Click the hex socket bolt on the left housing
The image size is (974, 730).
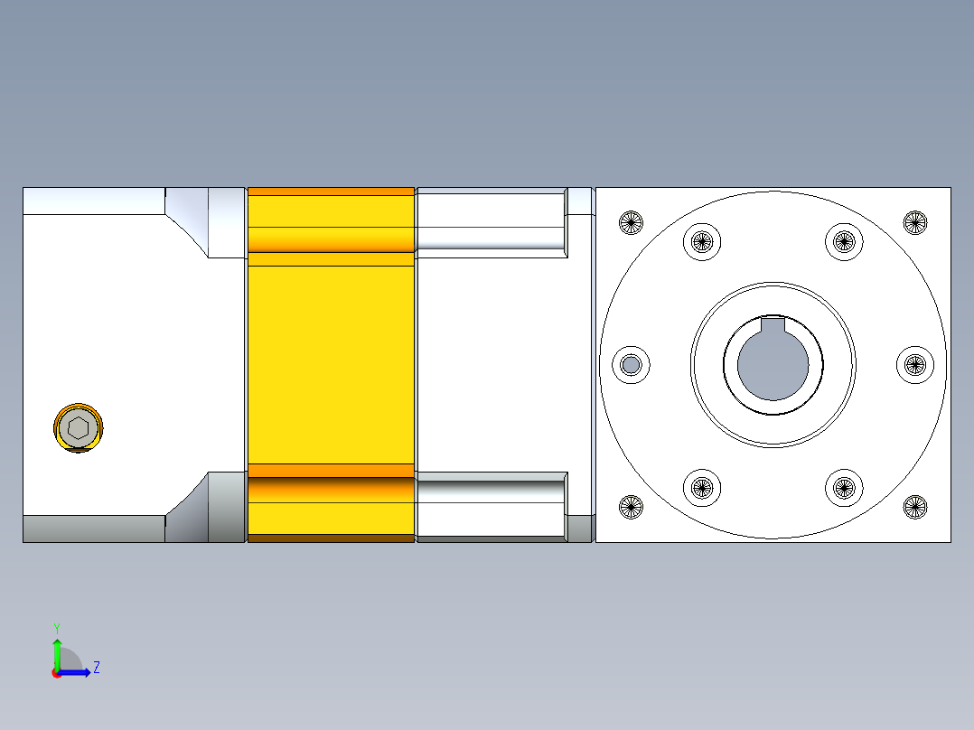pyautogui.click(x=79, y=427)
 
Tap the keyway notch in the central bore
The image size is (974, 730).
pyautogui.click(x=773, y=325)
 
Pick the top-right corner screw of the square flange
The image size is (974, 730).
pyautogui.click(x=915, y=221)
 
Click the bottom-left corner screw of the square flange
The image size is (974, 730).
pyautogui.click(x=631, y=507)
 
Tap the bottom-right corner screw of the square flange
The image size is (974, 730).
pyautogui.click(x=915, y=507)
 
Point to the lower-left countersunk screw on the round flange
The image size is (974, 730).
pyautogui.click(x=701, y=488)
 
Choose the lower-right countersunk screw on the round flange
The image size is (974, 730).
pyautogui.click(x=844, y=488)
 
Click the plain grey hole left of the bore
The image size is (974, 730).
pyautogui.click(x=631, y=364)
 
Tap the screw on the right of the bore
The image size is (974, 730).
pyautogui.click(x=915, y=364)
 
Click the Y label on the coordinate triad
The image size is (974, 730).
pyautogui.click(x=56, y=628)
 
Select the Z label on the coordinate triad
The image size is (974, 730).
pyautogui.click(x=96, y=668)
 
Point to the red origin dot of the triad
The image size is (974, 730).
pyautogui.click(x=56, y=673)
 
